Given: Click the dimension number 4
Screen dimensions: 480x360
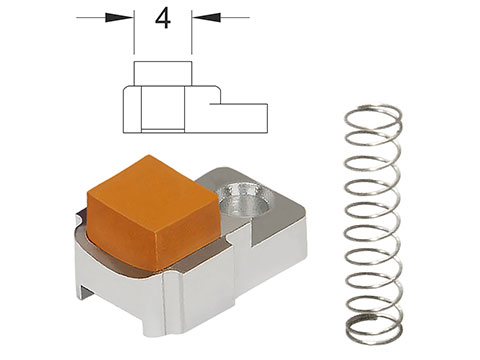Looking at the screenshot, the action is coord(163,19).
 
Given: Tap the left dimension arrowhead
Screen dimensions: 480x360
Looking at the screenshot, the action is coord(119,17).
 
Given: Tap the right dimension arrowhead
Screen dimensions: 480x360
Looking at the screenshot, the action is coord(206,17).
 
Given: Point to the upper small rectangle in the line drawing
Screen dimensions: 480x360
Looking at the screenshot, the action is coord(163,74).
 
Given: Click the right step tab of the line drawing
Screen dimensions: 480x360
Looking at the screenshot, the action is coord(239,118).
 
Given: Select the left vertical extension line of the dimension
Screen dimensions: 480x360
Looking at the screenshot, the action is coord(134,32).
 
